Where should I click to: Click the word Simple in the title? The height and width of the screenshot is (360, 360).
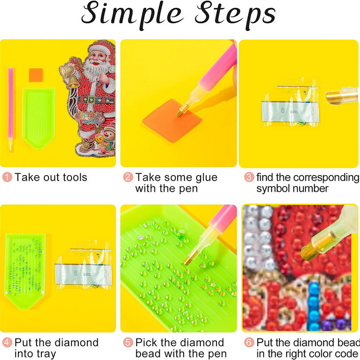coord(132,14)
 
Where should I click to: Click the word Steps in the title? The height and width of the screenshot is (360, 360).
coord(235,14)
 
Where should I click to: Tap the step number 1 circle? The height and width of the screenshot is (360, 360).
coord(7,177)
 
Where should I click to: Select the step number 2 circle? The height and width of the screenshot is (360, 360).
coord(128,177)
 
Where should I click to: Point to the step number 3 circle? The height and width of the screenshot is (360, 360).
coord(249,177)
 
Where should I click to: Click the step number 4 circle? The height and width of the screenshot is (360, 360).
coord(7,342)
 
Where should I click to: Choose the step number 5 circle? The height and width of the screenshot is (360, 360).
coord(128,342)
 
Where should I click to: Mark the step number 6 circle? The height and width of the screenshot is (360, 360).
coord(249,342)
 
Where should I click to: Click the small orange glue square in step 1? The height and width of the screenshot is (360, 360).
coord(36,75)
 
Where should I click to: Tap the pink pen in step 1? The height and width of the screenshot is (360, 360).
coord(11,109)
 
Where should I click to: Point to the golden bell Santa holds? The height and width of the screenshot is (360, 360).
coord(69,76)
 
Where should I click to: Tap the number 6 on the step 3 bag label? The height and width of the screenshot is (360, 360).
coord(283,111)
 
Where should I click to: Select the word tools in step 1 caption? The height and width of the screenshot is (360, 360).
coord(75,177)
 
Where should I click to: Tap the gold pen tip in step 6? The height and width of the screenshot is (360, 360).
coord(309,249)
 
